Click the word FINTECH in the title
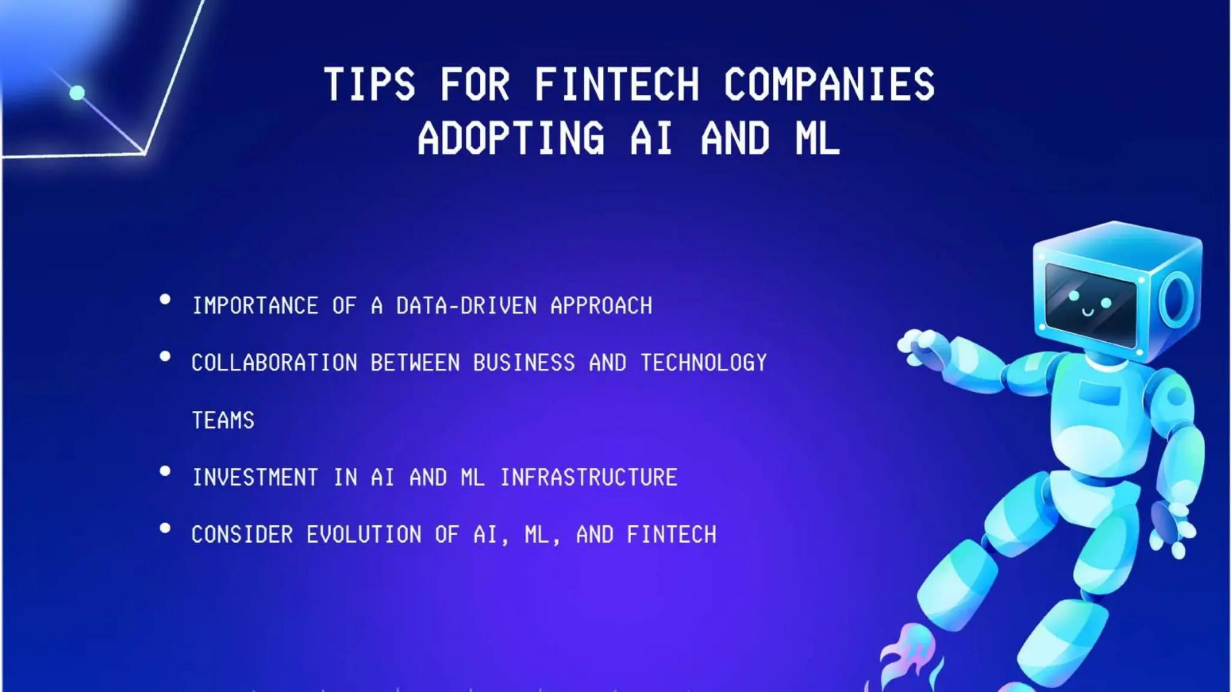pos(617,84)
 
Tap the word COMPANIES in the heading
pos(829,84)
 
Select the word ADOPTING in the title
pos(511,138)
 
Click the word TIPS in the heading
pos(369,84)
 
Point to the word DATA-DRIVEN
pos(466,306)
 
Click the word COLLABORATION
pos(274,363)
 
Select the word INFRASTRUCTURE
pos(588,478)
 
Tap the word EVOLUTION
pos(364,535)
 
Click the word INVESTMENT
pos(255,478)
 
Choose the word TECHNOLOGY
pos(703,363)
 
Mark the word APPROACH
pos(601,306)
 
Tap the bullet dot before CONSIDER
pos(165,528)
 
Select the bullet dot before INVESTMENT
pos(165,471)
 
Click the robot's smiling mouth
pos(1088,312)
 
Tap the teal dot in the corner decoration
pos(77,93)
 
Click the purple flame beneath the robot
pos(908,658)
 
